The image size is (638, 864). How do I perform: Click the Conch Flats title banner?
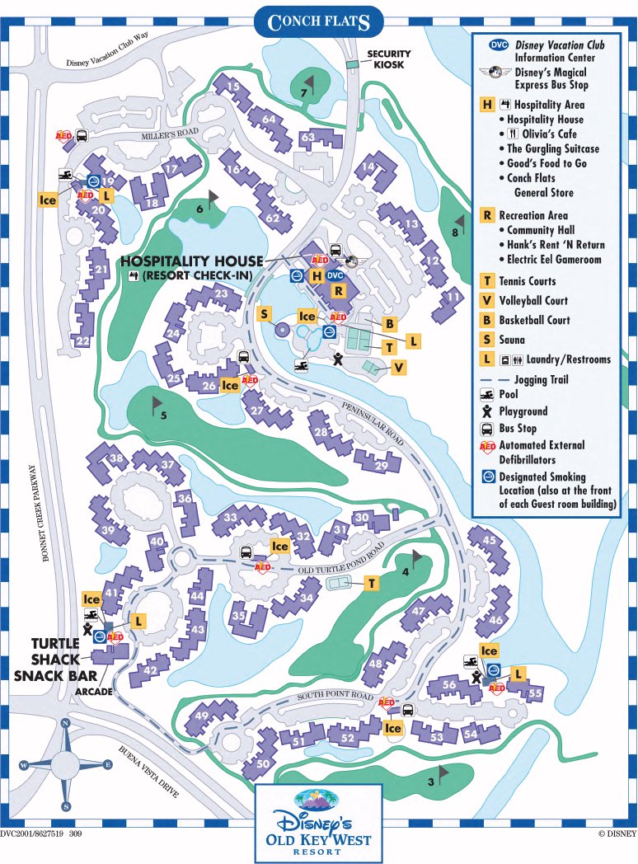coord(318,20)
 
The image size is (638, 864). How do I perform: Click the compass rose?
coord(65,764)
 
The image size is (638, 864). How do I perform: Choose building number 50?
coord(262,764)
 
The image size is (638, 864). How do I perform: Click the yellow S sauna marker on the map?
coord(264,314)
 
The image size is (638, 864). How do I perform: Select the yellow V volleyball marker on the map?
coord(398,368)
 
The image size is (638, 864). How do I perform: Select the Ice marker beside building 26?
coord(230,385)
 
